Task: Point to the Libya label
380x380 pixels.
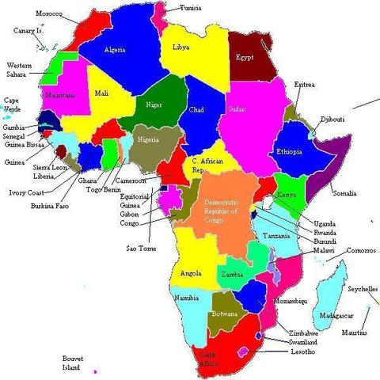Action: (180, 47)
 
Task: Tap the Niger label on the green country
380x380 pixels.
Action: (154, 104)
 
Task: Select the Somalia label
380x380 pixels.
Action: (344, 193)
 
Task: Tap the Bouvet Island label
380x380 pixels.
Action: (72, 363)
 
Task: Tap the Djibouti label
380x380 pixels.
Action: (330, 119)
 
